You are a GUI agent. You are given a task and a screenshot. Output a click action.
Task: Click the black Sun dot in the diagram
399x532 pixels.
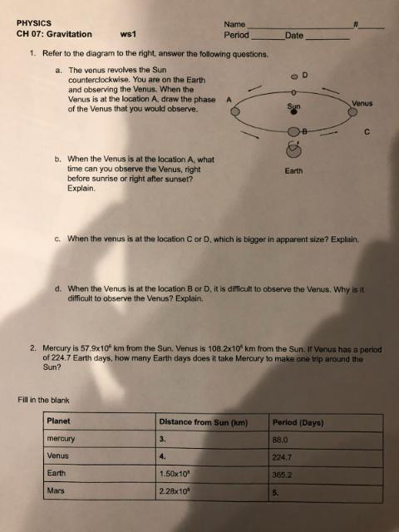coord(293,114)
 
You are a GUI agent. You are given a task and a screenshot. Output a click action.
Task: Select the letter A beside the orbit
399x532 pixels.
coord(229,100)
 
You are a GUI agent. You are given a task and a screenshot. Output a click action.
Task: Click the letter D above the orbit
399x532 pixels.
coord(305,75)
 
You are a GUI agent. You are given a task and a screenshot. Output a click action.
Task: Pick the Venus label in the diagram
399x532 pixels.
coord(362,102)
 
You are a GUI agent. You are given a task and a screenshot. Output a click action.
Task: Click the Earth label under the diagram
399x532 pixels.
coord(293,170)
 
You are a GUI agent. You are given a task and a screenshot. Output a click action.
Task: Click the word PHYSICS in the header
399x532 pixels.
coord(34,22)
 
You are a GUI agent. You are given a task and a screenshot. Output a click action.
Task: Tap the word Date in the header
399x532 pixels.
coord(294,35)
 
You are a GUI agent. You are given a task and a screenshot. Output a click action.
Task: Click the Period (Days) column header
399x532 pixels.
coord(298,422)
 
